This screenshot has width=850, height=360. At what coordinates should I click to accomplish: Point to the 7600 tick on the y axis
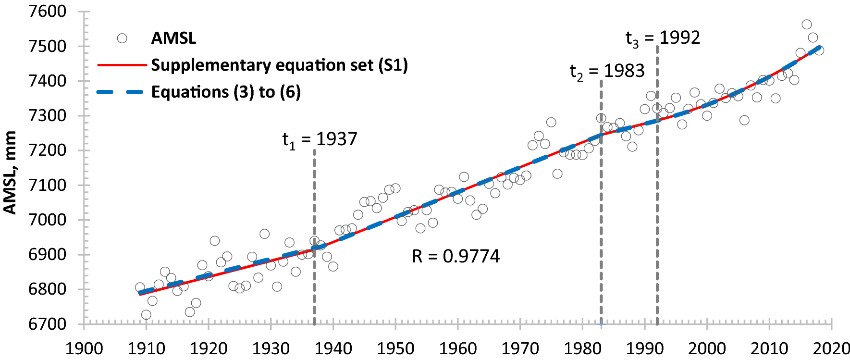(47, 12)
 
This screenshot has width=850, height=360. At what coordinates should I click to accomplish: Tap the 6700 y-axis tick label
(47, 324)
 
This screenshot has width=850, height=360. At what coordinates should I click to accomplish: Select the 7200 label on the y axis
(47, 150)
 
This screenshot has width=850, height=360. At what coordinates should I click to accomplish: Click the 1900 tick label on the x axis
(84, 348)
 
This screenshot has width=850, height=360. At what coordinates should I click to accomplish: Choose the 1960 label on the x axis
(457, 348)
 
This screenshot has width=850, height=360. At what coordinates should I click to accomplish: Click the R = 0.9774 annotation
(456, 256)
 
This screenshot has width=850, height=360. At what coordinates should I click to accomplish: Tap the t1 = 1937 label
(320, 139)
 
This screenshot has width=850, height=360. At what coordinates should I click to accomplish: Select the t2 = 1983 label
(607, 71)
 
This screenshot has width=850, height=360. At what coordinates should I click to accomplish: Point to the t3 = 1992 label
(663, 38)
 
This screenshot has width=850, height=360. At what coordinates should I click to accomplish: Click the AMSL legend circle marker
(122, 38)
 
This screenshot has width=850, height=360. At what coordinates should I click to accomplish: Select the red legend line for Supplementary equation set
(122, 65)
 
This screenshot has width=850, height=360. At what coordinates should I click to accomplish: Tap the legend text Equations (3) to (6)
(226, 92)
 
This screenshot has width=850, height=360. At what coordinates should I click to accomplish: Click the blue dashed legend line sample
(122, 92)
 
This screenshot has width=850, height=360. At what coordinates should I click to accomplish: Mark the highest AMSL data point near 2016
(807, 25)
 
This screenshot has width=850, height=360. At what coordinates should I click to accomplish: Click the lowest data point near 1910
(146, 315)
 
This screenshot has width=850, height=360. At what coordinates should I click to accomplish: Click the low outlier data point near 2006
(744, 120)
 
